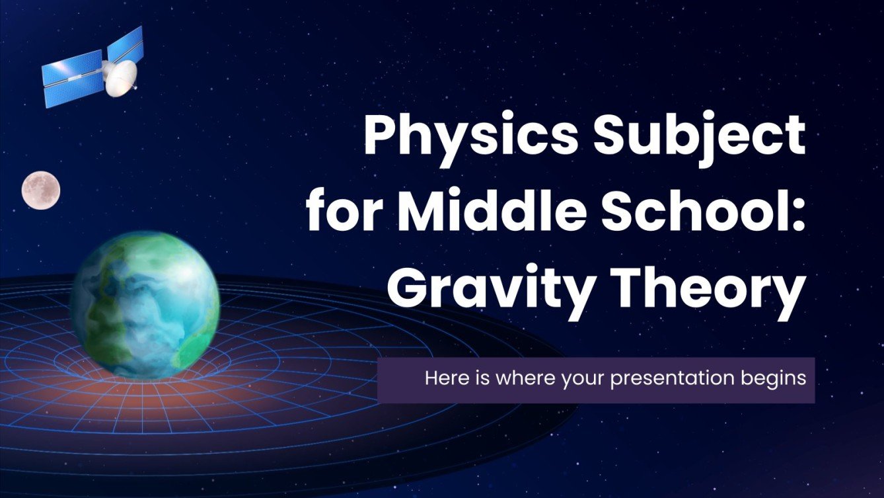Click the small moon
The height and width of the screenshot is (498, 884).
tap(41, 190)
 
